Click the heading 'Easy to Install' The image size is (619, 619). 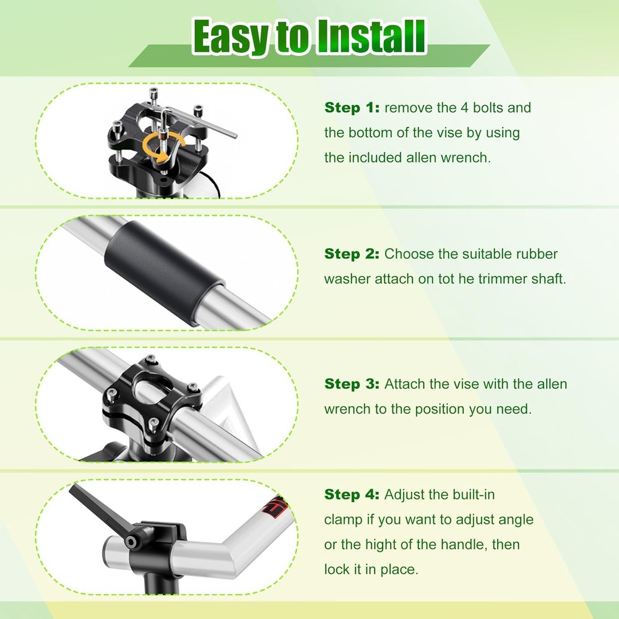(309, 37)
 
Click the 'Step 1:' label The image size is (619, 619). (352, 108)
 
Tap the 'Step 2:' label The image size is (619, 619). (352, 254)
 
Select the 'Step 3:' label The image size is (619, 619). (352, 384)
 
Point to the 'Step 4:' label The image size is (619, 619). (352, 495)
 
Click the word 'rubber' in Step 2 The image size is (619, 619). (537, 254)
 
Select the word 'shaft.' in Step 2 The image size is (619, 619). (545, 279)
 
